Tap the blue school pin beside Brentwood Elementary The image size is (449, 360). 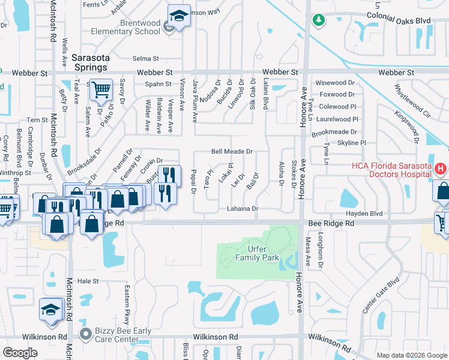(x=178, y=16)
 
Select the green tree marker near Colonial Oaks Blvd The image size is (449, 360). (x=319, y=20)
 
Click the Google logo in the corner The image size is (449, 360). (x=20, y=353)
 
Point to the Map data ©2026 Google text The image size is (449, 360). (x=411, y=355)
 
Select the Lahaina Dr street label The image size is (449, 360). (x=242, y=209)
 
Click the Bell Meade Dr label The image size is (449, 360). (x=231, y=152)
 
